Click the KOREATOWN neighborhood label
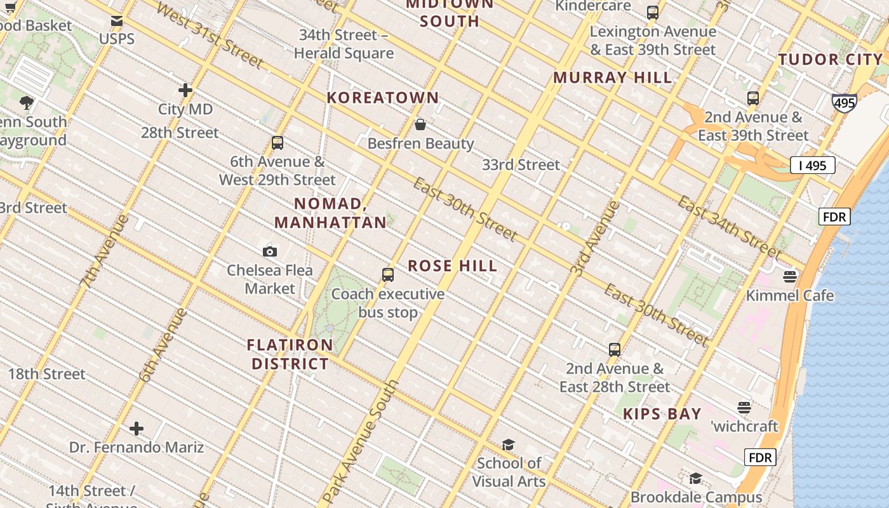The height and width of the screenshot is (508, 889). coord(383,98)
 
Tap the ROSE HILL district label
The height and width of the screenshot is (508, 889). coord(452,266)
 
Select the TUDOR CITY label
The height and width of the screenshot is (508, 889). coord(831,60)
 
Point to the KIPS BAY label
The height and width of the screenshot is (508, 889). coord(662,414)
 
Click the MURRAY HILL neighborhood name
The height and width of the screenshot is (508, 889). coord(612,77)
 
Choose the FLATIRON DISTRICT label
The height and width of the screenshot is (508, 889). coord(290,354)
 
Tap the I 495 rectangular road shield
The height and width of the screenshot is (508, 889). coord(812,166)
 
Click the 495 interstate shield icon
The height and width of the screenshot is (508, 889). coord(844,103)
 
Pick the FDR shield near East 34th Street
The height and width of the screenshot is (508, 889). coord(834,217)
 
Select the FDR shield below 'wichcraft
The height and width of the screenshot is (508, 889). coord(759,457)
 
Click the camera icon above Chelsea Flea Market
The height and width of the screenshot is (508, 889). coord(270,252)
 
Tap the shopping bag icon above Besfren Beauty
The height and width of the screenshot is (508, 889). coord(420,124)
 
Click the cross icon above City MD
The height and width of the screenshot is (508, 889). coord(185,90)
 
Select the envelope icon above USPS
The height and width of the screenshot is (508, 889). coord(117,21)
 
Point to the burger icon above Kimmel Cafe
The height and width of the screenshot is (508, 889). coord(790,276)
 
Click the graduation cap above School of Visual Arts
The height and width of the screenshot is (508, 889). coord(508,444)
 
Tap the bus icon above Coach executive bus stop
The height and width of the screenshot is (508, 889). coord(388,275)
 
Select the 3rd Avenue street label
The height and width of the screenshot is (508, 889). coord(594,238)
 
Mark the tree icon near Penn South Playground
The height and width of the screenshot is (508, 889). coord(27,102)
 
